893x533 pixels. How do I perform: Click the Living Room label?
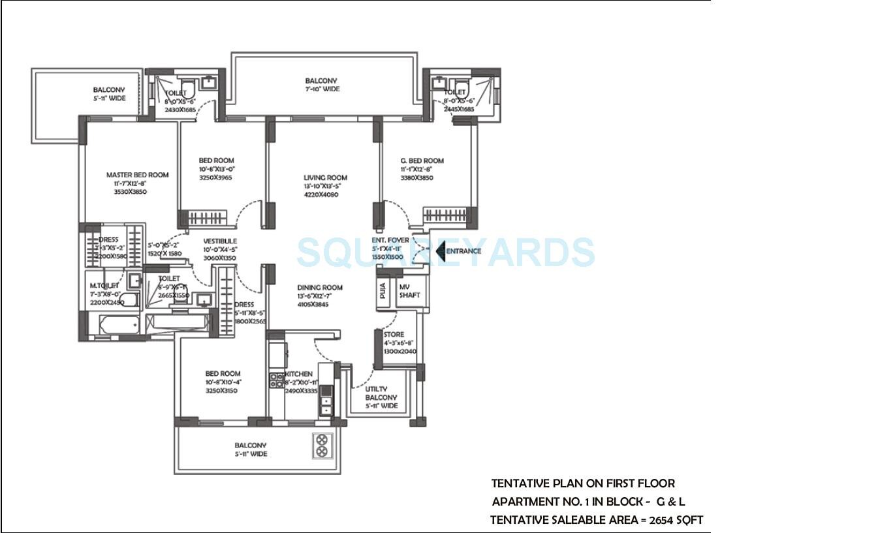coord(325,177)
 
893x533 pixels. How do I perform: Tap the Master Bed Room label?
coord(137,175)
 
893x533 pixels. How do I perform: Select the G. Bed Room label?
coord(422,160)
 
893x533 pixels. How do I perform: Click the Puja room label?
coord(383,291)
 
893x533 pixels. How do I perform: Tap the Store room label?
coord(394,335)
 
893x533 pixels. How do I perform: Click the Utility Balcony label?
coord(381,393)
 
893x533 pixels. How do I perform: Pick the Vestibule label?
coord(219,241)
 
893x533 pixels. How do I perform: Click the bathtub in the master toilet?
coord(119,324)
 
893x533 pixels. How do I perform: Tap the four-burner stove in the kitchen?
coord(276,380)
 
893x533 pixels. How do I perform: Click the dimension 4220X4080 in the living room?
coord(321,194)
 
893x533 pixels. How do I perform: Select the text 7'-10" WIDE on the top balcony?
coord(322,89)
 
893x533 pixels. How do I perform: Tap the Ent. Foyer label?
coord(390,241)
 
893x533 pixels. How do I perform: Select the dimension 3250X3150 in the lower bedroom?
coord(221,391)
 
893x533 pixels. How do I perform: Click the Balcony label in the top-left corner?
coord(109,90)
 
